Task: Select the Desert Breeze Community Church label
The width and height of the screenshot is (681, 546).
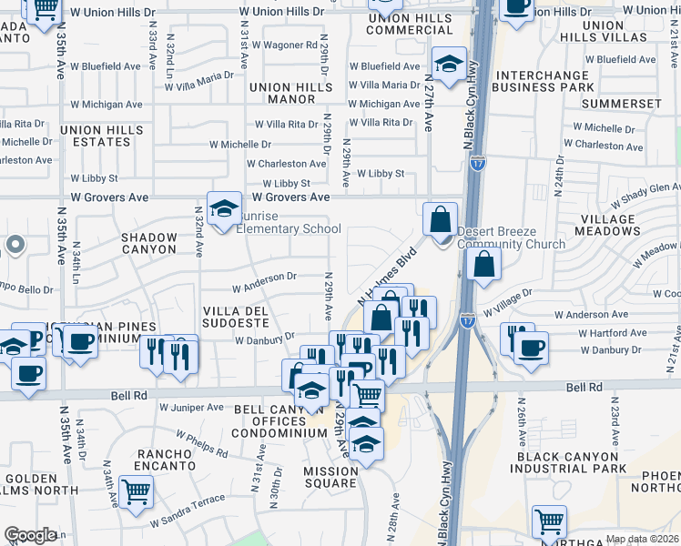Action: coord(510,238)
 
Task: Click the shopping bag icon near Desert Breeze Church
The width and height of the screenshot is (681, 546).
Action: coord(441,220)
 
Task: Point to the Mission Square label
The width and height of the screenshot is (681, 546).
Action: coord(330,478)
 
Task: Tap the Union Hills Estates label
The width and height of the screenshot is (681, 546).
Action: coord(102,136)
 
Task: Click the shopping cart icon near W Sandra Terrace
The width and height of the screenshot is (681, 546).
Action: coord(136,492)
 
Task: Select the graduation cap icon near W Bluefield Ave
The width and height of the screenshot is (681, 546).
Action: coord(449,65)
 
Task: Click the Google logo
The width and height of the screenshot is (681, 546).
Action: coord(30,535)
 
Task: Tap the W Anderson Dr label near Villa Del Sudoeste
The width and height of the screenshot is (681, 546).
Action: coord(264,282)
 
